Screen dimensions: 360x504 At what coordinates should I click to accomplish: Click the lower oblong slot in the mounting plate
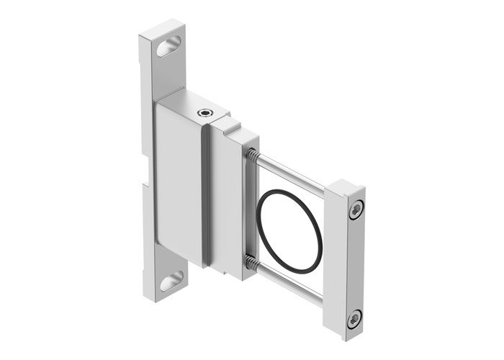tap(171, 280)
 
